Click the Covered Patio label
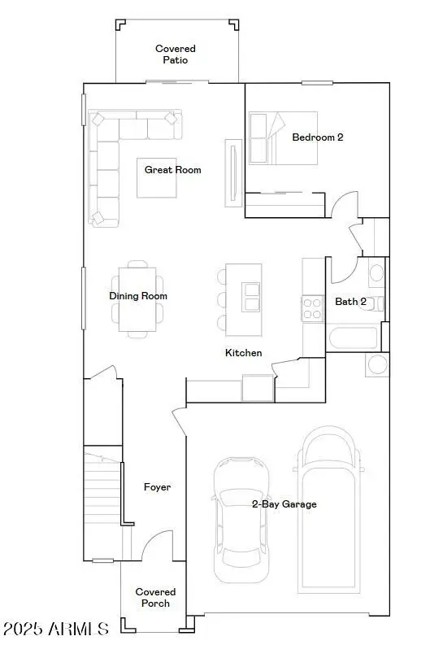click(176, 54)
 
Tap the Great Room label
click(172, 170)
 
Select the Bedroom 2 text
click(317, 137)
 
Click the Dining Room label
click(138, 296)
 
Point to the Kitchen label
click(243, 353)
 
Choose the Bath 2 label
click(350, 302)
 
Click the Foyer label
click(157, 487)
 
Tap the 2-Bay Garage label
click(284, 504)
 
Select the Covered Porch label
click(155, 598)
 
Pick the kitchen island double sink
click(251, 298)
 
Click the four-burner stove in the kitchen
click(313, 307)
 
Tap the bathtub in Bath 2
click(352, 337)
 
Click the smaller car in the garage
click(241, 516)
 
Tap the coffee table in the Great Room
click(156, 176)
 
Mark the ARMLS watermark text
click(55, 630)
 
